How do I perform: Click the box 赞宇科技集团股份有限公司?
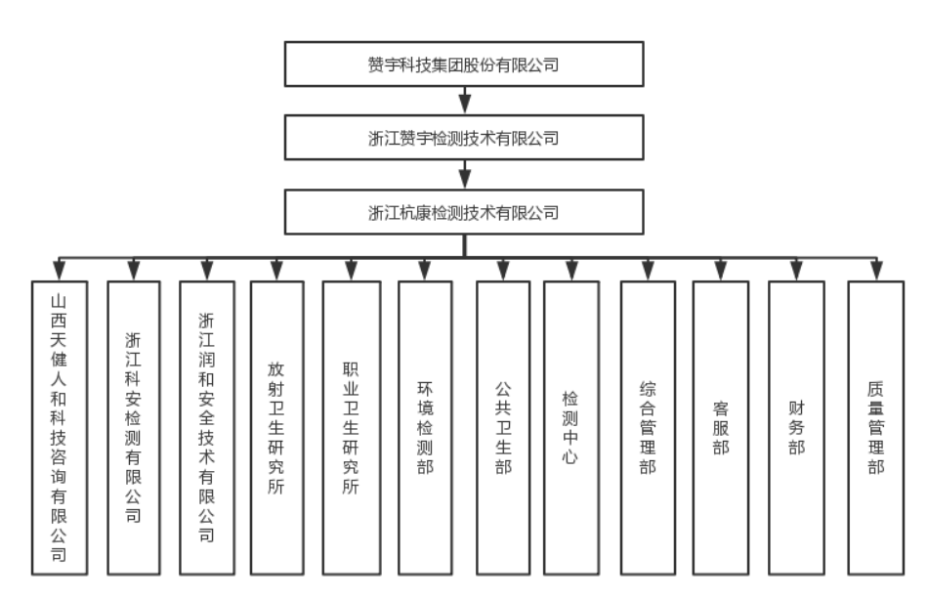coord(464,64)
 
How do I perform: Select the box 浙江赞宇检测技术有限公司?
coord(464,138)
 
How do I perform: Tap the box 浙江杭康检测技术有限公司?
coord(464,211)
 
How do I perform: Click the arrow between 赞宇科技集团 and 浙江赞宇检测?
coord(464,101)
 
